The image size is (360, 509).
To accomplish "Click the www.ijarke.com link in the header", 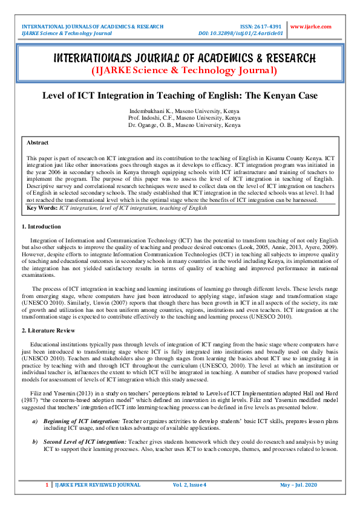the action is point(311,27).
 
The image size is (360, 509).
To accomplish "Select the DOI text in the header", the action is point(241,33).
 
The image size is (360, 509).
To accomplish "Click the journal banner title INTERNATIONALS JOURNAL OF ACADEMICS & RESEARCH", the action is point(185,59).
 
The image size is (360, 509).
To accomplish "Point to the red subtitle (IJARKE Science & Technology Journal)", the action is point(185,71).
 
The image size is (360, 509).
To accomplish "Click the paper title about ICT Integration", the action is point(180,96).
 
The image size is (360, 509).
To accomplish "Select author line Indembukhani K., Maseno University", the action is point(184,111).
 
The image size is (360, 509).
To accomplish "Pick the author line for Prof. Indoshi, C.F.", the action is point(184,118).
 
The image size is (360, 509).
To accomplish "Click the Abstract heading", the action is point(38,143).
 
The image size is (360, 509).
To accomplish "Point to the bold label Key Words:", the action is point(42,207).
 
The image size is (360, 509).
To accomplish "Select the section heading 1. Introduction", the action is point(41,227).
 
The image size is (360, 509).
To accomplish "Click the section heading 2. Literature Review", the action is point(48,331).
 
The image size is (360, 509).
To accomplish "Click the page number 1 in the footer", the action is point(47,485).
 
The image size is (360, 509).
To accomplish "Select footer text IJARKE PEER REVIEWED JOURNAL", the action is point(90,485).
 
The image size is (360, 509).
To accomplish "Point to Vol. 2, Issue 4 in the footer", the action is point(189,485).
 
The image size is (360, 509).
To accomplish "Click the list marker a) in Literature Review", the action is point(35,403).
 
